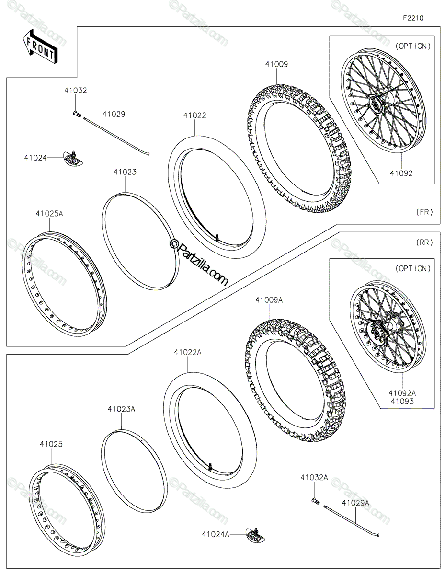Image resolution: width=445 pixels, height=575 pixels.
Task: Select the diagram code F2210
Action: [413, 18]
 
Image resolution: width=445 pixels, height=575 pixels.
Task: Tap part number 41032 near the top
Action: [75, 91]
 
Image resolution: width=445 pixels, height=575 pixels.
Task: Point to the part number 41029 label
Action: [114, 115]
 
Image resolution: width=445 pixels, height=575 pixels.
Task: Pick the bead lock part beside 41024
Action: [73, 159]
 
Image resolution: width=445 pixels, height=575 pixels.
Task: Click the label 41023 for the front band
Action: [125, 172]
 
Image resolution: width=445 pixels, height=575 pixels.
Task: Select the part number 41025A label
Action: [50, 214]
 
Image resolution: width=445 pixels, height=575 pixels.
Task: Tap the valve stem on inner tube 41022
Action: [217, 238]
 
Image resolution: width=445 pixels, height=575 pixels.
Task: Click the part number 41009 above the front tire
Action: [276, 64]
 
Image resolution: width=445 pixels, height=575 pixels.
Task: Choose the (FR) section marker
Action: [424, 212]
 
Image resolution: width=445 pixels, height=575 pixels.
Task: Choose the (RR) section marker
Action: [424, 242]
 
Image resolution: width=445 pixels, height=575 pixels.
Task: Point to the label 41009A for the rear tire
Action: [269, 300]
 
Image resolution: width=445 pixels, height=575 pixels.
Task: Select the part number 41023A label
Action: [121, 409]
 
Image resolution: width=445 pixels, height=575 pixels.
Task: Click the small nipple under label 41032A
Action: [315, 500]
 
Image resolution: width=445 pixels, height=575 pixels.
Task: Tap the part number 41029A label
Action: [355, 503]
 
